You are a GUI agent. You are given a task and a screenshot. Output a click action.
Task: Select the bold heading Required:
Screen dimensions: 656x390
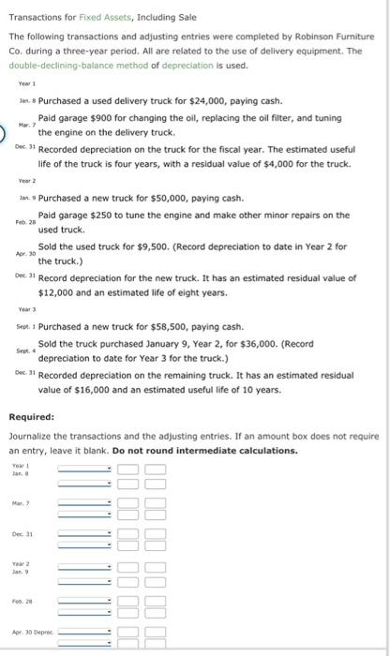pyautogui.click(x=31, y=417)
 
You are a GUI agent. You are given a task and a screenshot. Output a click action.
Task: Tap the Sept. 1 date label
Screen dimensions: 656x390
pyautogui.click(x=25, y=327)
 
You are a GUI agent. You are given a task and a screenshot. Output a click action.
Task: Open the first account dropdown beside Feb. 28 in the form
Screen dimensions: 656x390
pyautogui.click(x=85, y=600)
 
